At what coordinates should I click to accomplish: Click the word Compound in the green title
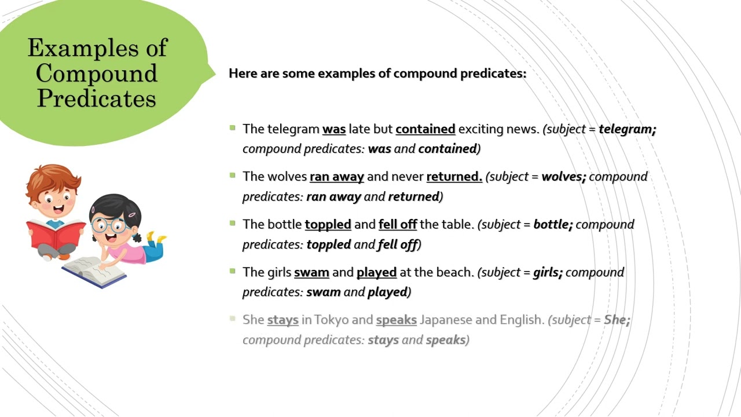click(97, 73)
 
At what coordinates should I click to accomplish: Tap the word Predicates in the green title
click(97, 98)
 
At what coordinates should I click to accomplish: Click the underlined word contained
click(425, 129)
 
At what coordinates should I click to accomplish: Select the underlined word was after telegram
click(334, 129)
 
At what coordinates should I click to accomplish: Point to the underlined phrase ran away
click(337, 177)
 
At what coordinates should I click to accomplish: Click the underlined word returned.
click(454, 177)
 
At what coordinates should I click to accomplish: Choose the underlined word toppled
click(328, 225)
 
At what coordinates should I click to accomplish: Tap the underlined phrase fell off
click(398, 225)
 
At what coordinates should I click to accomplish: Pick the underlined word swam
click(311, 272)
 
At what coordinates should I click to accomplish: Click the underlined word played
click(376, 272)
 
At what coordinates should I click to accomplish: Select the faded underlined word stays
click(283, 320)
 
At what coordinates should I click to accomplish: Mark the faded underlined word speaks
click(397, 320)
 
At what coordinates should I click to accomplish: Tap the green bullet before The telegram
click(233, 127)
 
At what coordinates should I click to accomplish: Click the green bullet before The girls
click(233, 270)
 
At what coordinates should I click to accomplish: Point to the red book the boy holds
click(56, 235)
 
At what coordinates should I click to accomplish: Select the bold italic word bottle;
click(553, 225)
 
